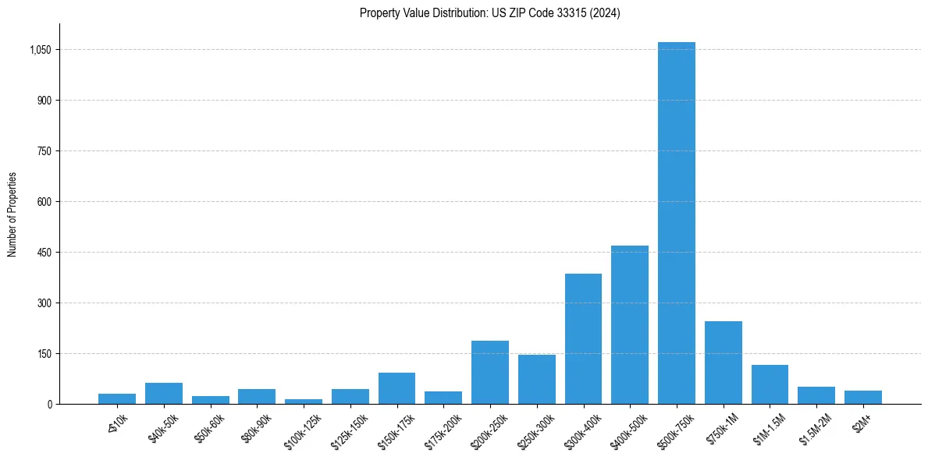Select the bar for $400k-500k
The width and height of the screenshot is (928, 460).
point(629,325)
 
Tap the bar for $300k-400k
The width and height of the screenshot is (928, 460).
point(583,339)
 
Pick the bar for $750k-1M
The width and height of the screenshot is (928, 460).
point(723,363)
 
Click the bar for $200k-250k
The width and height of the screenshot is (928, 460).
point(489,373)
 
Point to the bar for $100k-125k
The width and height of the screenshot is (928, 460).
point(303,402)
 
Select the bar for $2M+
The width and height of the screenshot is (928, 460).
point(862,398)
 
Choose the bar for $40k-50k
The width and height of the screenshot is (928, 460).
point(163,394)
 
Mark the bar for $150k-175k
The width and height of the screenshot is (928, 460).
point(396,388)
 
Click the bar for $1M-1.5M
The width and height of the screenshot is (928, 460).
point(770,384)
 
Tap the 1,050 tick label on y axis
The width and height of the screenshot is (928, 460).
point(40,50)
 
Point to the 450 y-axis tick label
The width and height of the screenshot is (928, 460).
point(44,253)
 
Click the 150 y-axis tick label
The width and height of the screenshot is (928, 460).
point(44,354)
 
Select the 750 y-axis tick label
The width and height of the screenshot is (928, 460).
point(44,151)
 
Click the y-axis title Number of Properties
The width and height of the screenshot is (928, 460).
point(12,214)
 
